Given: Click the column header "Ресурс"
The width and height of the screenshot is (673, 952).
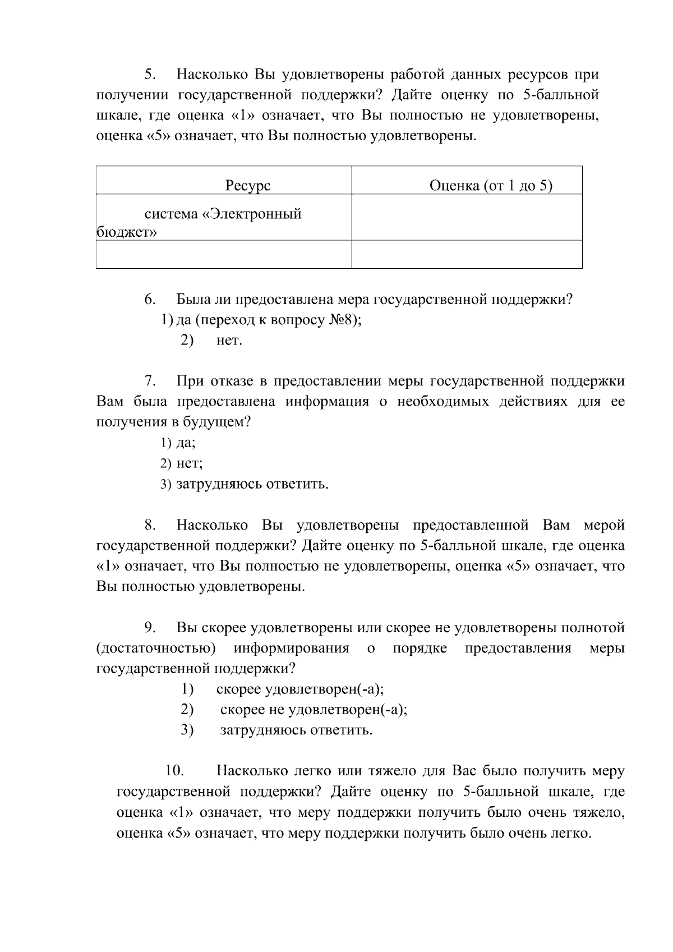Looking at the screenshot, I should click(x=248, y=186).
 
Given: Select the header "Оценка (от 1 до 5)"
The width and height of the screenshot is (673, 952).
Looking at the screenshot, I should click(x=491, y=186).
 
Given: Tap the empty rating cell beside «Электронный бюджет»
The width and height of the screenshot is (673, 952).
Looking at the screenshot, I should click(x=467, y=218).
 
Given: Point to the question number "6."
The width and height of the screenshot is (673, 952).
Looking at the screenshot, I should click(x=150, y=300).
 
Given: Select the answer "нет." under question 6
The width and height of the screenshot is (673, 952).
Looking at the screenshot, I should click(x=229, y=341).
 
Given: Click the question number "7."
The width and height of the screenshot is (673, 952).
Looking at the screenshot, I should click(x=150, y=381).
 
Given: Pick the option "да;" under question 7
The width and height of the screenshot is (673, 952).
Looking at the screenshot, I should click(x=186, y=443).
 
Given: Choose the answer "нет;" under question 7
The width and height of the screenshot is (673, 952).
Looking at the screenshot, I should click(x=189, y=463).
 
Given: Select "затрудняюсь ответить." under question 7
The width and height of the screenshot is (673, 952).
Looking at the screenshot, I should click(x=252, y=484).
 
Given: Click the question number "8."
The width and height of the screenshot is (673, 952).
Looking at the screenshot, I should click(x=150, y=526).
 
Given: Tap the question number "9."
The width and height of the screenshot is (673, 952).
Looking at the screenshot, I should click(x=150, y=628).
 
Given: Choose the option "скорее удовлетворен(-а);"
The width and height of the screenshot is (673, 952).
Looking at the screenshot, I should click(x=299, y=689).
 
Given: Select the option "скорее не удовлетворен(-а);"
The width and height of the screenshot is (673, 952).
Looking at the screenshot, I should click(x=314, y=710).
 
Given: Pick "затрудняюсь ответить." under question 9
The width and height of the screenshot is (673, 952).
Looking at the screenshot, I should click(x=296, y=730).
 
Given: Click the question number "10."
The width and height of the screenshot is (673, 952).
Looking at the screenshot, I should click(x=175, y=771).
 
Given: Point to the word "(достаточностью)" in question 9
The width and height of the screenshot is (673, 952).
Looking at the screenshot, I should click(x=156, y=649).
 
